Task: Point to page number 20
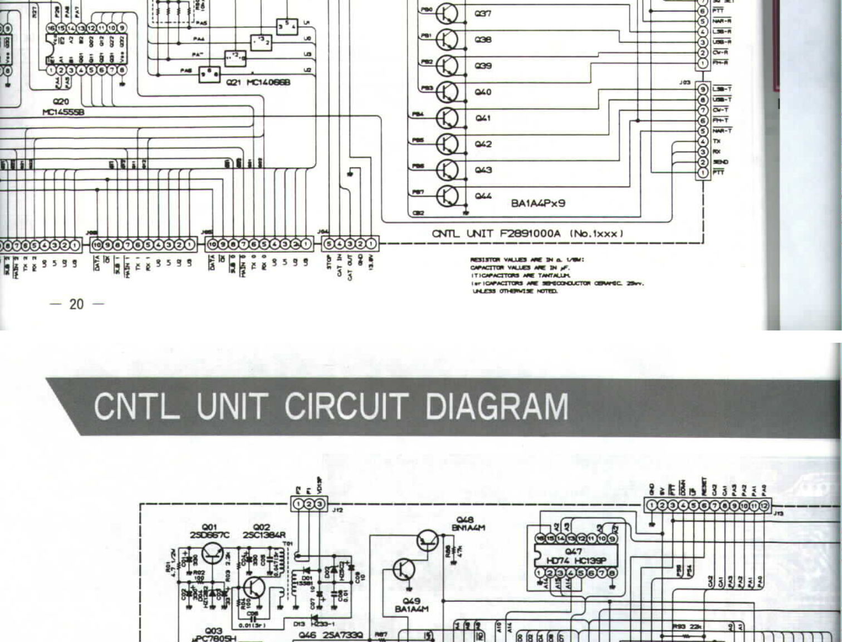76,304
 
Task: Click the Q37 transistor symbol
447,13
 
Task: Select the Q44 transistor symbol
447,196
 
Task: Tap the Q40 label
483,92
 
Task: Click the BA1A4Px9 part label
538,203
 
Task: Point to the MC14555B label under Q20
63,112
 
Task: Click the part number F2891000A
530,234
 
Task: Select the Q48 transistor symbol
427,541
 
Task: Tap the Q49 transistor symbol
404,570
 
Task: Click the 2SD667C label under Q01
209,535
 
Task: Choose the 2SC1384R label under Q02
264,535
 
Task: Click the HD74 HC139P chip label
576,560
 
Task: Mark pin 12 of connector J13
765,505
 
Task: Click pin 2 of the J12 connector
309,504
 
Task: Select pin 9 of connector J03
703,89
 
